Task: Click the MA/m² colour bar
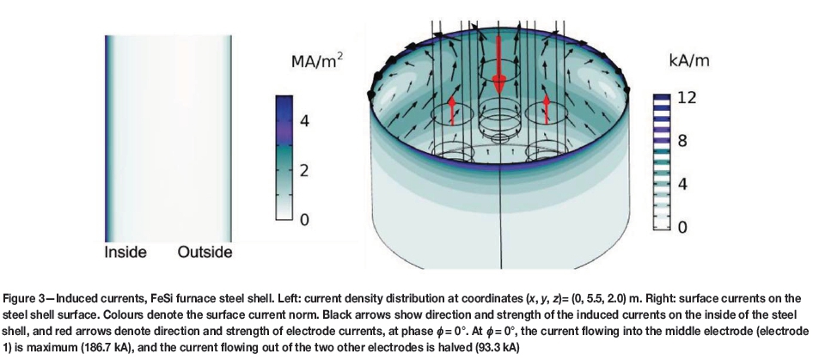[286, 160]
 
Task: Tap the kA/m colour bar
[661, 162]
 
